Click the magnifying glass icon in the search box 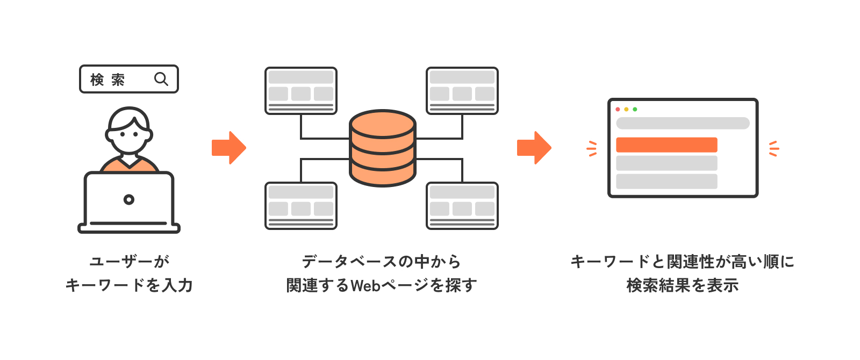pos(161,79)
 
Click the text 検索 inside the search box pos(107,80)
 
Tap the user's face pos(129,135)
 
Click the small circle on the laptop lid pos(129,200)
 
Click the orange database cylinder pos(383,148)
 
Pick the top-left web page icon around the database pos(301,90)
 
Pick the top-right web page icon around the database pos(462,90)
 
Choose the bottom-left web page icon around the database pos(301,206)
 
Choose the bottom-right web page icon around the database pos(462,206)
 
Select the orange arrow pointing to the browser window pos(534,147)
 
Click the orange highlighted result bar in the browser pos(666,145)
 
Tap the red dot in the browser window pos(618,109)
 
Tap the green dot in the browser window pos(635,109)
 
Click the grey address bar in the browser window pos(683,123)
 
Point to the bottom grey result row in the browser pos(666,181)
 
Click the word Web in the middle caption pos(365,285)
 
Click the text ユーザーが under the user pos(129,262)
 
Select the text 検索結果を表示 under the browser pos(683,285)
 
